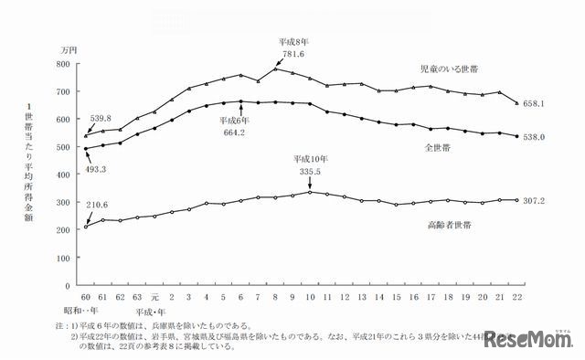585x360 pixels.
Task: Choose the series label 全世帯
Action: pyautogui.click(x=440, y=146)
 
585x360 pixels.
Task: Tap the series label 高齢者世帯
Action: pyautogui.click(x=447, y=225)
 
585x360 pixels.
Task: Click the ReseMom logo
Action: pyautogui.click(x=529, y=341)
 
